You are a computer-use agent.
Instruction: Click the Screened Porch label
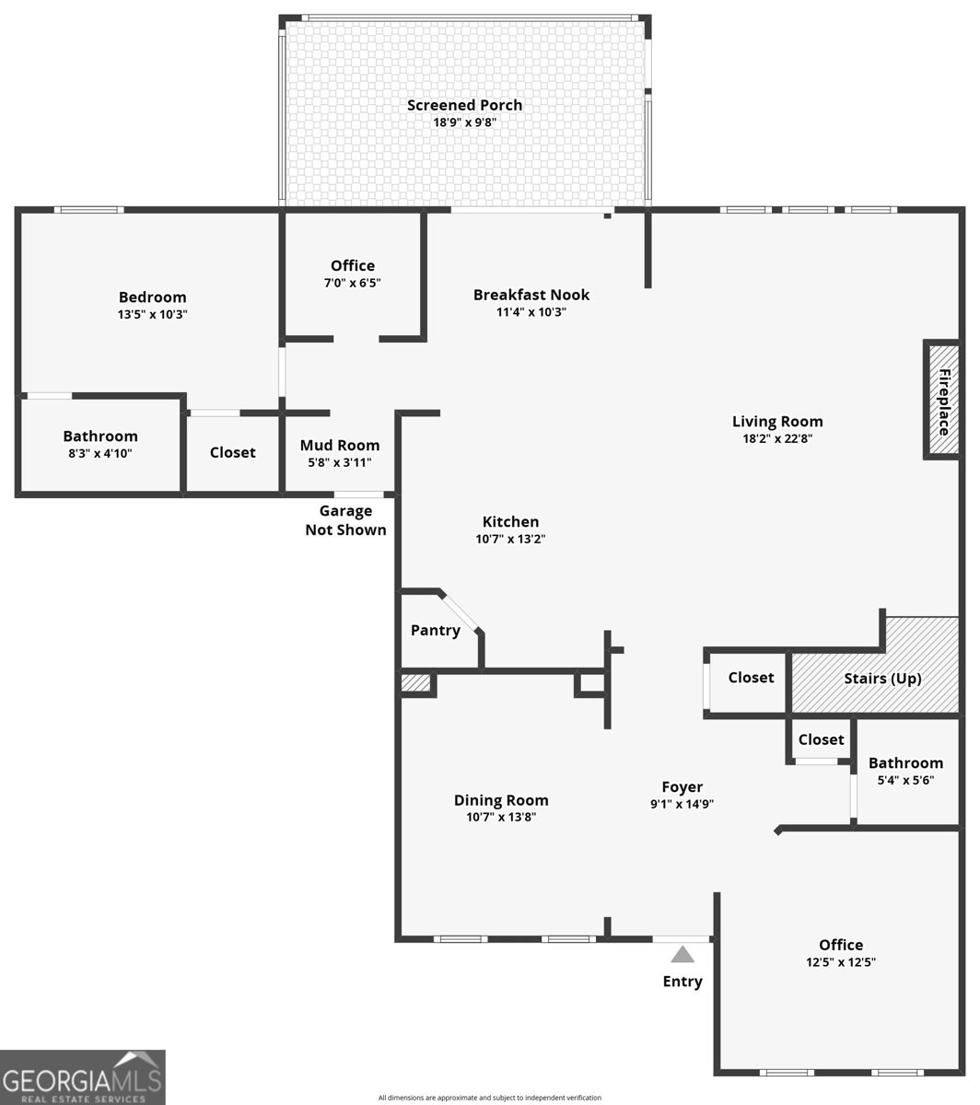465,105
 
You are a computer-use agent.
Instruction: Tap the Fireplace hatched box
943,401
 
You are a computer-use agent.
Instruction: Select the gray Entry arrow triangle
682,954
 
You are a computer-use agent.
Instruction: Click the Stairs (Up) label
882,679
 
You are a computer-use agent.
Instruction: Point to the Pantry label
436,630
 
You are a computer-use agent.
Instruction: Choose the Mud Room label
340,446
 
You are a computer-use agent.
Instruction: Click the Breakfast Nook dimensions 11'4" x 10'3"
531,312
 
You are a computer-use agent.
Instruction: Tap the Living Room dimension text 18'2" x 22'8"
777,439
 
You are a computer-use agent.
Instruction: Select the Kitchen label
510,521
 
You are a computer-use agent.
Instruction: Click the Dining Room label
501,800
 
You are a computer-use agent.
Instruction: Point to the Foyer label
682,786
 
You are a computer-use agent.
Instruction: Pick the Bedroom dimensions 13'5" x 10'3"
152,314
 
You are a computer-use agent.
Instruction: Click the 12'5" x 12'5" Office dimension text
841,962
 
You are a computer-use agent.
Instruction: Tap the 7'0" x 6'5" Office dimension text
353,284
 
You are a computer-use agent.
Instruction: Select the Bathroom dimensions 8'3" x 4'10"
100,453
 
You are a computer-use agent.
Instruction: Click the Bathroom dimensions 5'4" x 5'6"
905,780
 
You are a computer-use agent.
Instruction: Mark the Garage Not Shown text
346,520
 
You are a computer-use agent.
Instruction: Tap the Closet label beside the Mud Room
233,452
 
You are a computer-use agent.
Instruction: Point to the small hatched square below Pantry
416,683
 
